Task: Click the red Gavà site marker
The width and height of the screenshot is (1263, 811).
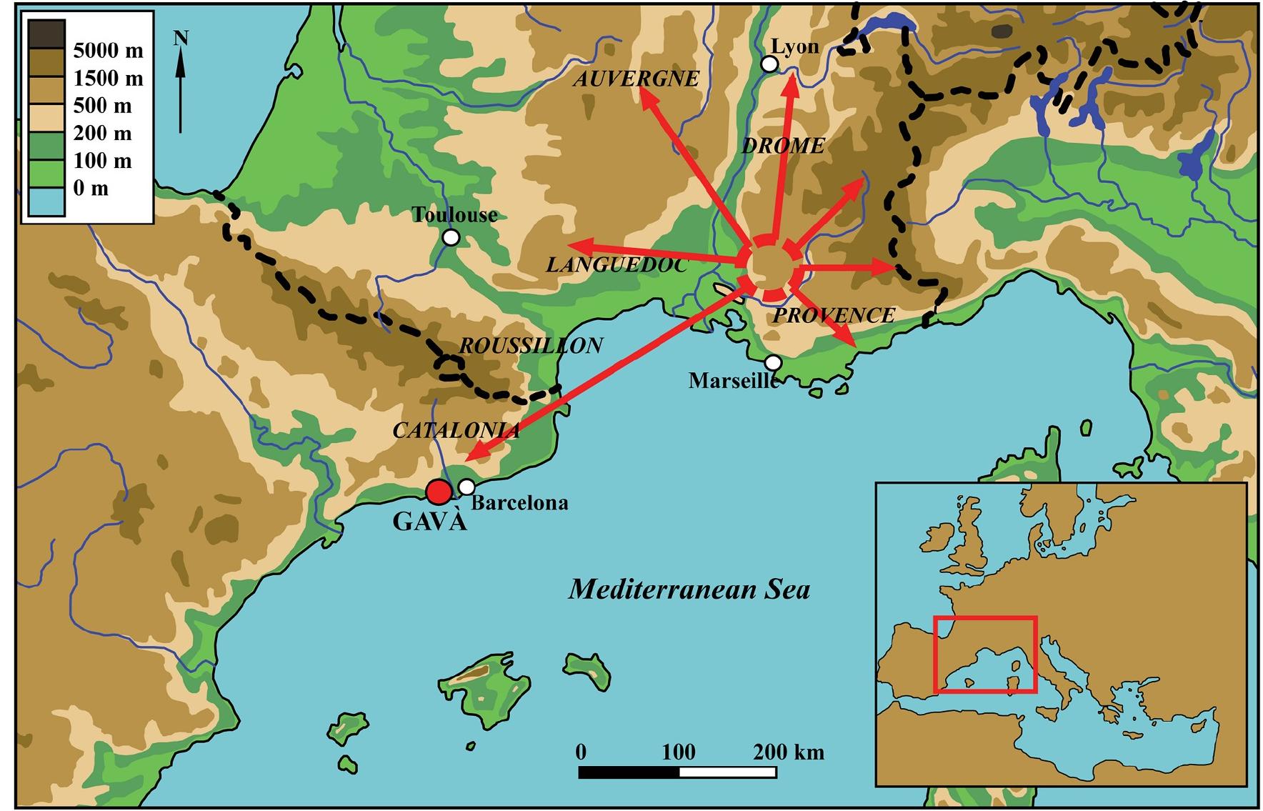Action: pos(438,492)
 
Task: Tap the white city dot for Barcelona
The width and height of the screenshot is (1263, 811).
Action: pos(466,487)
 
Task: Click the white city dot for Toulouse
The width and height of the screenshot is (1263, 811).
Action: pos(451,237)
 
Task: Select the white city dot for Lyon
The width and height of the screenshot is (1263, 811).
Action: pos(769,64)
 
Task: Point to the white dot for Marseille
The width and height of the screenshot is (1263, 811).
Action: pos(773,363)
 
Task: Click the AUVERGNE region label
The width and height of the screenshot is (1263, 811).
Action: pos(636,79)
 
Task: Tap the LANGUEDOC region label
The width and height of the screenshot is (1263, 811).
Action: pos(616,266)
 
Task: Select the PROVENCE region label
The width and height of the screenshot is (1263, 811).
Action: pos(834,315)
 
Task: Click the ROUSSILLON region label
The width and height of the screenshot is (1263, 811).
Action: pos(531,346)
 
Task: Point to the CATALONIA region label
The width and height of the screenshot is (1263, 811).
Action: pos(456,431)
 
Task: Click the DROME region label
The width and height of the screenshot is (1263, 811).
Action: pos(783,146)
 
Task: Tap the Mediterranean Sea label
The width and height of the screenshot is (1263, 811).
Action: pos(689,589)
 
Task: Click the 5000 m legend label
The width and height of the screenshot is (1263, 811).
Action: pos(108,51)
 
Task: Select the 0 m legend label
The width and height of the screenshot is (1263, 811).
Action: pos(91,189)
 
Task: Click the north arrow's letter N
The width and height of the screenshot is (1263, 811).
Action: pos(181,38)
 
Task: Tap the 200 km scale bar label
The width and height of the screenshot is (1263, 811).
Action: pos(788,752)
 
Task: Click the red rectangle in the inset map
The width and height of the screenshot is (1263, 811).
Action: pos(985,655)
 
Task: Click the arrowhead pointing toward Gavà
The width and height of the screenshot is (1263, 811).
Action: pos(473,454)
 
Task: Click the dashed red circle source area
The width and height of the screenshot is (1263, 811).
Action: pos(772,267)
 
